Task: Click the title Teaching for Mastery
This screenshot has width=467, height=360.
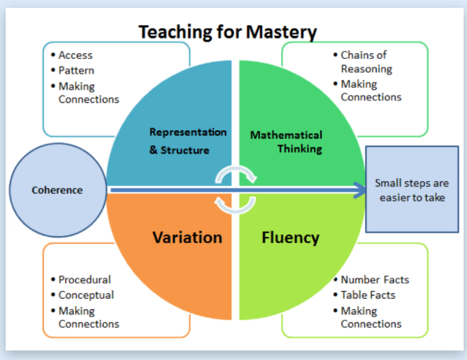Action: coord(228,32)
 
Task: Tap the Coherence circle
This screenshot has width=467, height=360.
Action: coord(57,190)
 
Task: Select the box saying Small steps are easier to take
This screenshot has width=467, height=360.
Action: coord(412,190)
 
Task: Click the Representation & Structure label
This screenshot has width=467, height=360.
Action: coord(188,140)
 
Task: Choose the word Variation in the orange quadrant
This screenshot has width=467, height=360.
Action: coord(188,237)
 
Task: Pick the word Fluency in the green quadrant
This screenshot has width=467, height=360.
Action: coord(290,237)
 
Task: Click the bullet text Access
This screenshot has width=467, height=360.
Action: coord(75,56)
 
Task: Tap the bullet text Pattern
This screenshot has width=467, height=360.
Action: coord(77,71)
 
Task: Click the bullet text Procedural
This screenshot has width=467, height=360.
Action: coord(85,279)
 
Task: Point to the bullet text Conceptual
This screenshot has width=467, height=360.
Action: coord(86,295)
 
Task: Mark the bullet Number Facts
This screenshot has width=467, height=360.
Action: coord(374,279)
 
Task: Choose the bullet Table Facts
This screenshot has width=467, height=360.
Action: coord(368,295)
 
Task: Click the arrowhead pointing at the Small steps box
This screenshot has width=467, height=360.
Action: coord(360,189)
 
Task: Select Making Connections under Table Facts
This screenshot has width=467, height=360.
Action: coord(370,317)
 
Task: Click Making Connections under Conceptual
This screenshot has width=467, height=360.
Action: coord(89,317)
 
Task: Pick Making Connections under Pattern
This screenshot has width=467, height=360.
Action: coord(89,93)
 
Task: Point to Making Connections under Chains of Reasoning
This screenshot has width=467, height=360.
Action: coord(370,91)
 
